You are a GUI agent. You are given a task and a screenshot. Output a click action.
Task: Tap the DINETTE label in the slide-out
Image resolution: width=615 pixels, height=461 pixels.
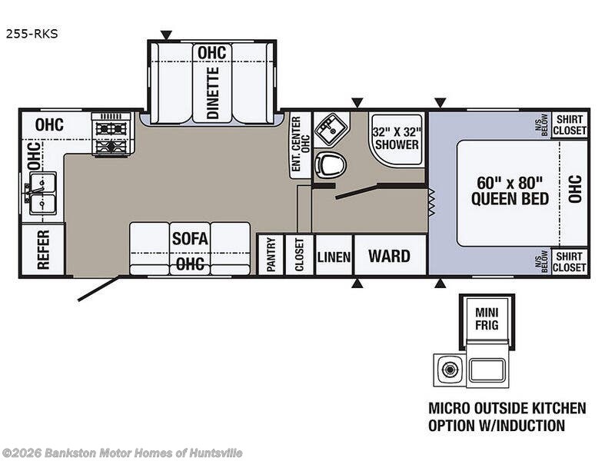pyautogui.click(x=212, y=92)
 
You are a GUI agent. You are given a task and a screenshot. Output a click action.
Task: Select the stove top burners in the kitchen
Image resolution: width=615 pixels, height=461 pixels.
pyautogui.click(x=111, y=134)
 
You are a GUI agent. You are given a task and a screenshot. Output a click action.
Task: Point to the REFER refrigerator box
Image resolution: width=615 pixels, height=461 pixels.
pyautogui.click(x=43, y=250)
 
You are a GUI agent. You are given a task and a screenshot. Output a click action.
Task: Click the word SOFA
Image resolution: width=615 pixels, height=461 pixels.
pyautogui.click(x=189, y=238)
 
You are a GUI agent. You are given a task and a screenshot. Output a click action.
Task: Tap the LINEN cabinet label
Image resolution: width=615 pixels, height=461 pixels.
pyautogui.click(x=334, y=257)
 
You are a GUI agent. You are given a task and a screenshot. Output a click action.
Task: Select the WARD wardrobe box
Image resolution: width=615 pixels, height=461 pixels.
pyautogui.click(x=389, y=256)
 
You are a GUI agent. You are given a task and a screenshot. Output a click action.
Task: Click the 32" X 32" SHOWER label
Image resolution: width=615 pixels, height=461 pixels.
pyautogui.click(x=396, y=137)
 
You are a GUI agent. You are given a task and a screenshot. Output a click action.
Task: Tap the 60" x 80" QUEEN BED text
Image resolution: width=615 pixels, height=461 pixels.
pyautogui.click(x=510, y=191)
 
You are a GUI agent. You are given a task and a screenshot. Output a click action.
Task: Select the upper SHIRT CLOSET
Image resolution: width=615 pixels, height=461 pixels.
pyautogui.click(x=570, y=124)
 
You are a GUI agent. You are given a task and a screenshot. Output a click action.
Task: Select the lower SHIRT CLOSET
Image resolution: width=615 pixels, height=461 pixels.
pyautogui.click(x=570, y=261)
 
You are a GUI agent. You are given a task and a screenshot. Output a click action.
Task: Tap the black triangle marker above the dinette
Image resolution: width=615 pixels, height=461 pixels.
pyautogui.click(x=166, y=35)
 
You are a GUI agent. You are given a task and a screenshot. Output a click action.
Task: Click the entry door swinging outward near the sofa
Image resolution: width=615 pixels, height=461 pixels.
pyautogui.click(x=98, y=289)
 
